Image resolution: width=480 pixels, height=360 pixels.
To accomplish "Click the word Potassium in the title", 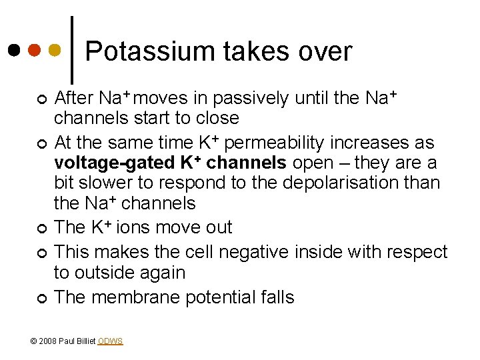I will (x=133, y=51).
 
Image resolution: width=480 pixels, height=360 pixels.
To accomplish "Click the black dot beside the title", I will (x=14, y=50).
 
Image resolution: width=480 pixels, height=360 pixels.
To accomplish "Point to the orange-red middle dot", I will (x=35, y=50).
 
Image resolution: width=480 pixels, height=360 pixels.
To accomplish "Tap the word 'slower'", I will (x=110, y=183).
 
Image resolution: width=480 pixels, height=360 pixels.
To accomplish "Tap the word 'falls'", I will (x=273, y=297).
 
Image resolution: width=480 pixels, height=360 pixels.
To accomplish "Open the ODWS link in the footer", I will (x=110, y=341).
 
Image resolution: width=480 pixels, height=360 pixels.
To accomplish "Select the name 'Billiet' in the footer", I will (x=85, y=341).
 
